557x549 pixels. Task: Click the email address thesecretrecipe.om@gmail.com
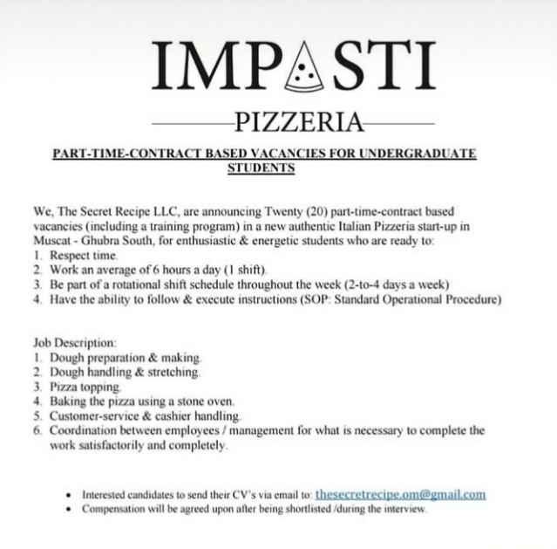coord(399,494)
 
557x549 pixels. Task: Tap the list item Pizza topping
coord(85,386)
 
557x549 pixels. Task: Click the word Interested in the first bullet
coord(107,495)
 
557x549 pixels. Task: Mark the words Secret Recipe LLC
coord(130,212)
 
